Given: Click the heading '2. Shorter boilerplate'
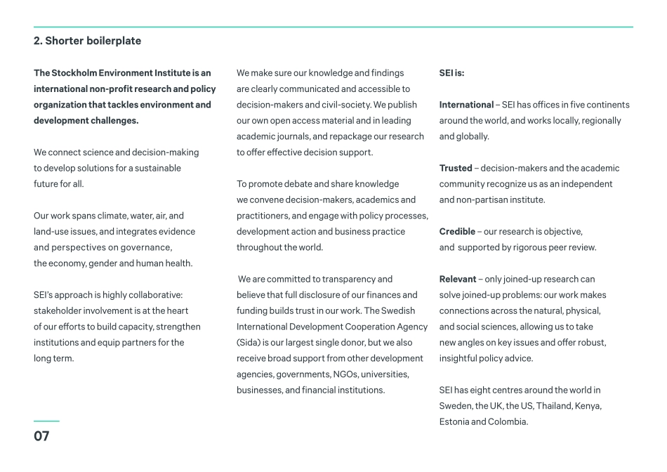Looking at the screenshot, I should click(x=87, y=41).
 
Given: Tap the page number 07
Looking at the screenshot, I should click(x=41, y=436).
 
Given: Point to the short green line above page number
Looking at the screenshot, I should click(x=46, y=421).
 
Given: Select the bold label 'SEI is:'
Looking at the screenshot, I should click(x=451, y=73).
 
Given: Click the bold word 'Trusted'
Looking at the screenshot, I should click(x=456, y=169).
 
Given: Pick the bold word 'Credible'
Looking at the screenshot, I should click(x=457, y=232).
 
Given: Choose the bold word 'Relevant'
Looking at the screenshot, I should click(x=457, y=280).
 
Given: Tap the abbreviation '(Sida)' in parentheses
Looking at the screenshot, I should click(x=249, y=343).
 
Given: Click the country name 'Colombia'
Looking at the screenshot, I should click(x=509, y=422).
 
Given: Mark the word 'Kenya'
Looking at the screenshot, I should click(x=588, y=406).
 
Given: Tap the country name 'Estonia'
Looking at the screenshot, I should click(x=454, y=422).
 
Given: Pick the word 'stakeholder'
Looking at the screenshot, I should click(x=58, y=311).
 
